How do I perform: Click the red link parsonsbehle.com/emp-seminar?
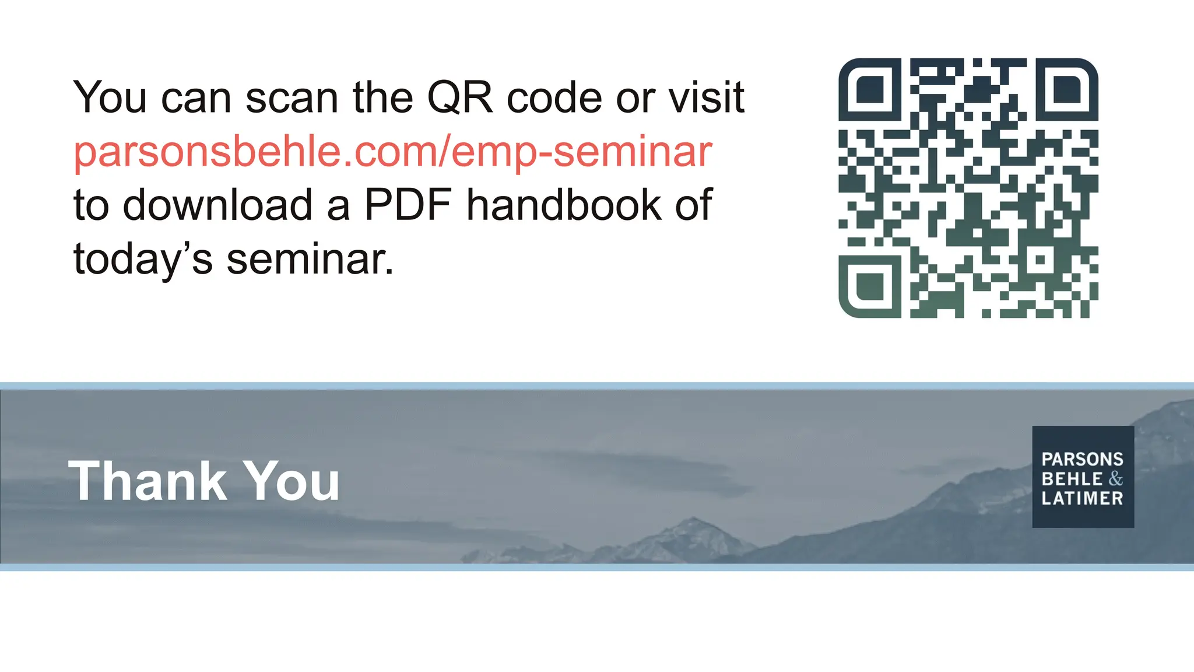[x=392, y=152]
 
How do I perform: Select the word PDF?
[x=408, y=205]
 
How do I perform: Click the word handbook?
[x=564, y=205]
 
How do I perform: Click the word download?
[x=217, y=205]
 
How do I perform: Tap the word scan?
[x=292, y=97]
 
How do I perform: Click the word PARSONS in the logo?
[x=1082, y=460]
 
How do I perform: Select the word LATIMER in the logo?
[x=1082, y=499]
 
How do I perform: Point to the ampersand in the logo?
[x=1116, y=479]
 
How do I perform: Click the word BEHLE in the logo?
[x=1072, y=479]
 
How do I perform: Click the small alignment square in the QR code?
[x=1040, y=259]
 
